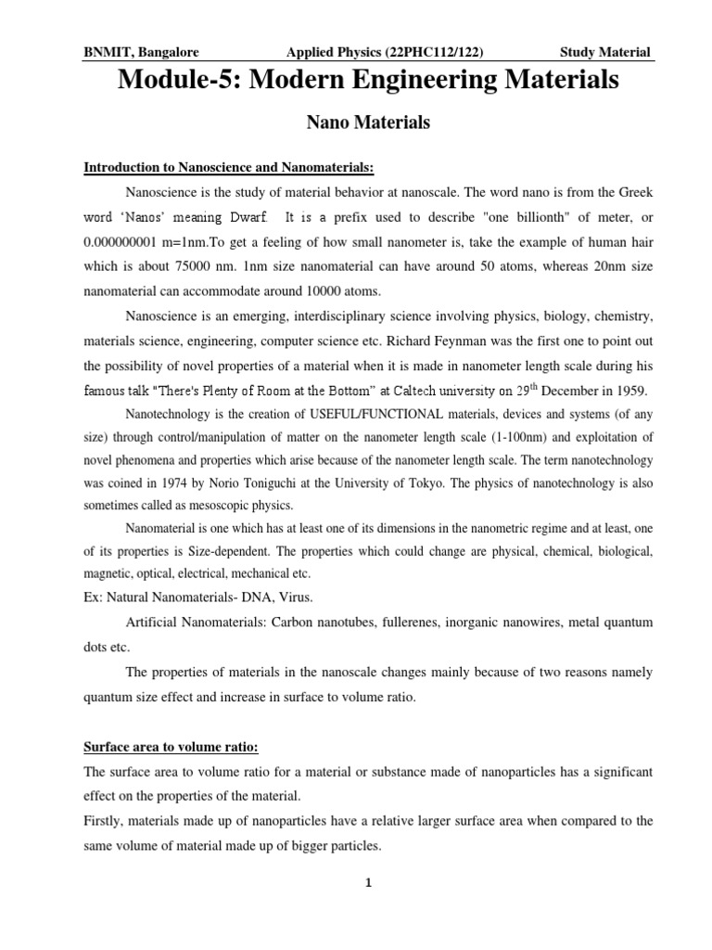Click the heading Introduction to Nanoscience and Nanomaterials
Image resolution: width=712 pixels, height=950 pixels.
pyautogui.click(x=229, y=167)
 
